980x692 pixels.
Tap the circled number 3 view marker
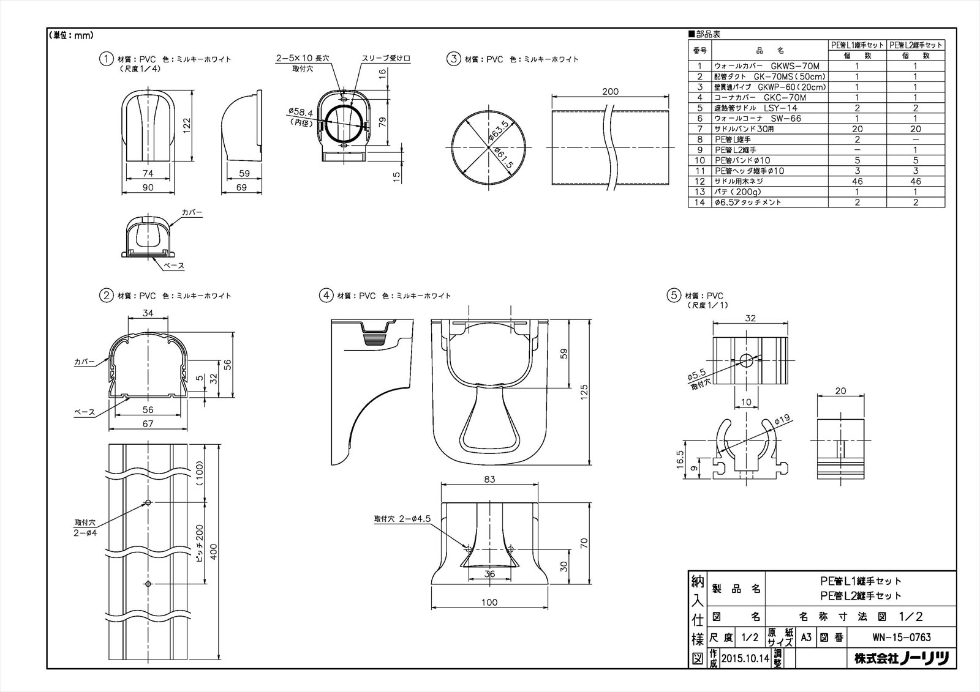(453, 59)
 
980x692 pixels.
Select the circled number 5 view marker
(674, 296)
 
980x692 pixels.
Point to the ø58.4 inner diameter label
(300, 113)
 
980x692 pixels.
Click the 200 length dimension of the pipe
(610, 92)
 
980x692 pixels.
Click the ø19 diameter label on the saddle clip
(782, 420)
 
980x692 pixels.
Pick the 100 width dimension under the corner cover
(489, 602)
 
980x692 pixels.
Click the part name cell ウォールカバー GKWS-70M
(769, 66)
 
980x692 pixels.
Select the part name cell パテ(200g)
(769, 192)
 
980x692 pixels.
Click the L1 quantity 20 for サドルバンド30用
(857, 129)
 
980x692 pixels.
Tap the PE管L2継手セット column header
(916, 45)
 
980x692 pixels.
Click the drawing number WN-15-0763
(901, 638)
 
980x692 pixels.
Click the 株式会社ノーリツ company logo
(901, 658)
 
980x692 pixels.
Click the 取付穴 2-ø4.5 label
(402, 518)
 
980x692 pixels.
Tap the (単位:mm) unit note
(71, 35)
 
